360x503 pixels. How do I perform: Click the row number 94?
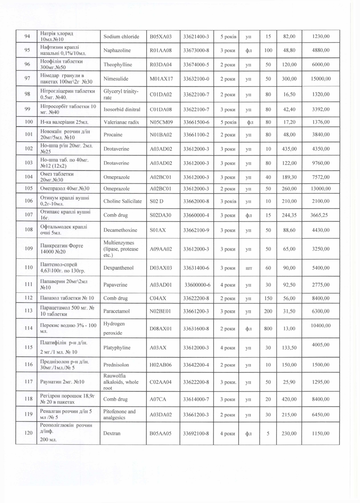point(27,36)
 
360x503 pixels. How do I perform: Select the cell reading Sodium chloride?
point(121,36)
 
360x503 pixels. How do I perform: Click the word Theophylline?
point(118,65)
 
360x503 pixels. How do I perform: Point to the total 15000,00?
point(321,79)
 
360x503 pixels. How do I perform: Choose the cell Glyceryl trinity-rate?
point(121,94)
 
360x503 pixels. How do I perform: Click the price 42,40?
point(289,109)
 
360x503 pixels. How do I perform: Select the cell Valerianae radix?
point(121,122)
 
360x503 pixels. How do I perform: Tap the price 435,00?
point(289,149)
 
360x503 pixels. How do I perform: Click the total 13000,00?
point(321,189)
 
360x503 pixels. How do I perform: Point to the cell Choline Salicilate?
point(122,201)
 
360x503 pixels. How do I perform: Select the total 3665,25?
point(319,215)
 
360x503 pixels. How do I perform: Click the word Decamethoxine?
point(120,230)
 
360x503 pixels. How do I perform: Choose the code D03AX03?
point(161,268)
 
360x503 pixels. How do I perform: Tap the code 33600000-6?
point(198,285)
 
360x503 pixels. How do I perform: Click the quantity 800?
point(268,329)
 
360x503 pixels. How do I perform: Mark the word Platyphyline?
point(117,348)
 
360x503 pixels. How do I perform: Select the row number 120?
point(28,433)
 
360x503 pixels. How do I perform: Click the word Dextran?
point(112,433)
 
